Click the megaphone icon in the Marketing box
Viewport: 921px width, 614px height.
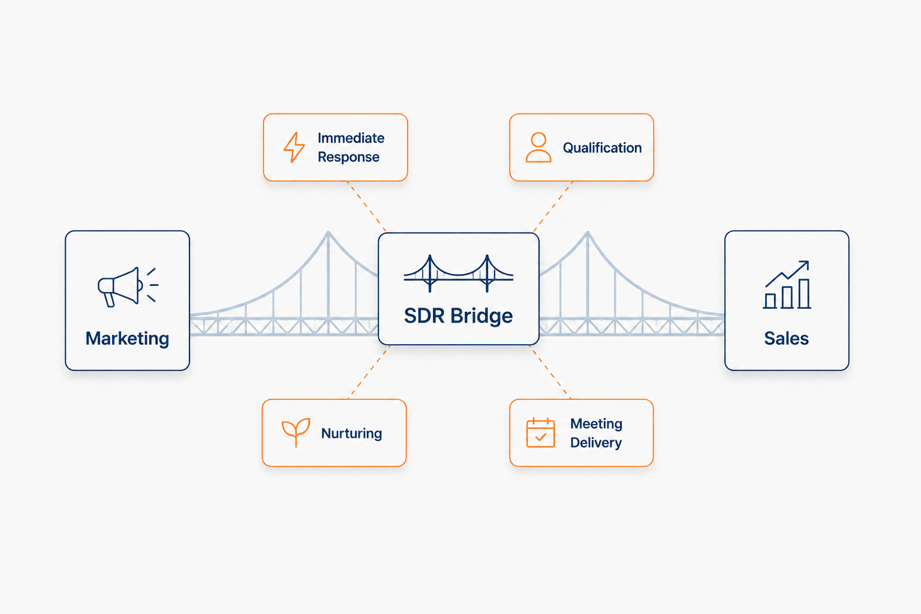tap(128, 287)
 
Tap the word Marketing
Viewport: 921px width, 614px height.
tap(128, 339)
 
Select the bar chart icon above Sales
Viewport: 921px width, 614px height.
tap(787, 285)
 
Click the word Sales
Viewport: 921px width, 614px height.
tap(787, 338)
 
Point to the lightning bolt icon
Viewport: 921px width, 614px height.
tap(294, 148)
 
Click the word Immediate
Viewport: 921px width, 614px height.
tap(351, 138)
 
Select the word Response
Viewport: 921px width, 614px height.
tap(348, 157)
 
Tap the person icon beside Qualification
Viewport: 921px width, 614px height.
tap(538, 148)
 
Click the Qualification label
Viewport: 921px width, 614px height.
tap(603, 148)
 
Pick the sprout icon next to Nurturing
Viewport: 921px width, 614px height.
tap(296, 432)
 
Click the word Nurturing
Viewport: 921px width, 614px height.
tap(351, 434)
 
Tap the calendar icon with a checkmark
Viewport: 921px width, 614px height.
tap(541, 433)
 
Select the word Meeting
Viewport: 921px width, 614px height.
tap(596, 423)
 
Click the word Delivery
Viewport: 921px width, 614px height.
tap(596, 443)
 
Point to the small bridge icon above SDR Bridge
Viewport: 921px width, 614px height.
tap(459, 273)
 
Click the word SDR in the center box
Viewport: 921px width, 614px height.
tap(425, 316)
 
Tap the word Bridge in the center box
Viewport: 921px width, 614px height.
tap(481, 316)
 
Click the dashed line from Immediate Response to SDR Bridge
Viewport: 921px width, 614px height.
tap(367, 206)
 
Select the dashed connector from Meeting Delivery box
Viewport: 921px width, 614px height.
tap(550, 372)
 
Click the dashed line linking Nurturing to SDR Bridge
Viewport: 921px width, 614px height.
tap(369, 372)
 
